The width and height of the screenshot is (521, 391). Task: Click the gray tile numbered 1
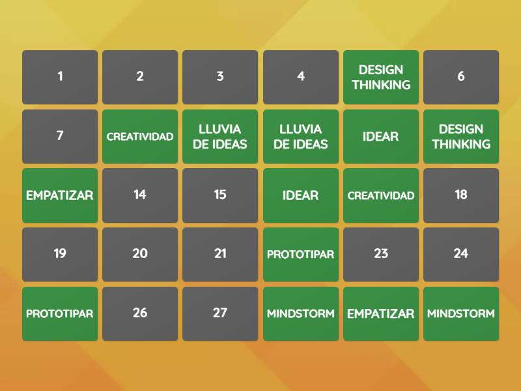[60, 77]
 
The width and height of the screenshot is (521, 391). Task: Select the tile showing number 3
[220, 77]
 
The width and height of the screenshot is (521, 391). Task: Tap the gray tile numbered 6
[461, 77]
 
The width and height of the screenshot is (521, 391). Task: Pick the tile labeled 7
[60, 136]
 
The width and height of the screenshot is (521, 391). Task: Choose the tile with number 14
[140, 195]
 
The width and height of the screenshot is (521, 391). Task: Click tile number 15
[220, 195]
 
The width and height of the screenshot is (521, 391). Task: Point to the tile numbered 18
[461, 195]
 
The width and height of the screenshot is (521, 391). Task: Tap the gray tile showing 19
[60, 254]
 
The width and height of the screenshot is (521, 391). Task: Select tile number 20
[140, 254]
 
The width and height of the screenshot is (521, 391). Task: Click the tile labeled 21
[220, 254]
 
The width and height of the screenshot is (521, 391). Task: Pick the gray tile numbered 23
[381, 254]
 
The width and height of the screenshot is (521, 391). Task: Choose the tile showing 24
[461, 254]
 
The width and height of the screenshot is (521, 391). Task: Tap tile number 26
[140, 313]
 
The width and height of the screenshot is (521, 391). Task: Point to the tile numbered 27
[220, 313]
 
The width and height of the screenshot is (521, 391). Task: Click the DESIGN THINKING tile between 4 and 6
[381, 77]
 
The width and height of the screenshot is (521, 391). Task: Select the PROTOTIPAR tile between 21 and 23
[301, 254]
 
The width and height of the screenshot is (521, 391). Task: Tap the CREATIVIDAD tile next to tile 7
[140, 136]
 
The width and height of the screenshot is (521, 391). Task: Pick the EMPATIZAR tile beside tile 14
[60, 195]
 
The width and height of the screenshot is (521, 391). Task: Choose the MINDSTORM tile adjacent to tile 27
[301, 313]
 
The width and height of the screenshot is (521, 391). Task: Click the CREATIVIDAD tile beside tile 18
[381, 195]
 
